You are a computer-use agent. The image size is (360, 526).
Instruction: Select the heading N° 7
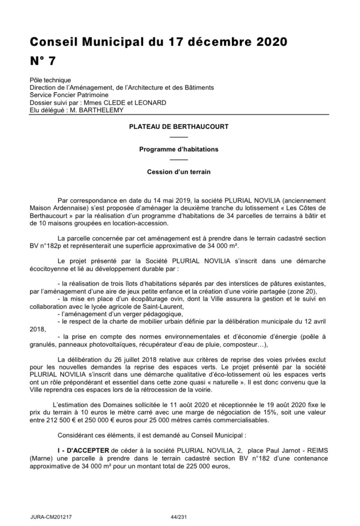[x=43, y=61]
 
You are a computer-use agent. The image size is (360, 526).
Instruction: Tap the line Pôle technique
[x=50, y=80]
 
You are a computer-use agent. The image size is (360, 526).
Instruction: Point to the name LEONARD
[x=152, y=103]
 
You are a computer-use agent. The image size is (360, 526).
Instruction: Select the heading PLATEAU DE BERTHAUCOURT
[x=179, y=127]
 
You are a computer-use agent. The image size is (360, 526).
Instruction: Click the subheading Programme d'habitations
[x=179, y=149]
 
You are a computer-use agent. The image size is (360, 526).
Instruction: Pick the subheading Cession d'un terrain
[x=179, y=172]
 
